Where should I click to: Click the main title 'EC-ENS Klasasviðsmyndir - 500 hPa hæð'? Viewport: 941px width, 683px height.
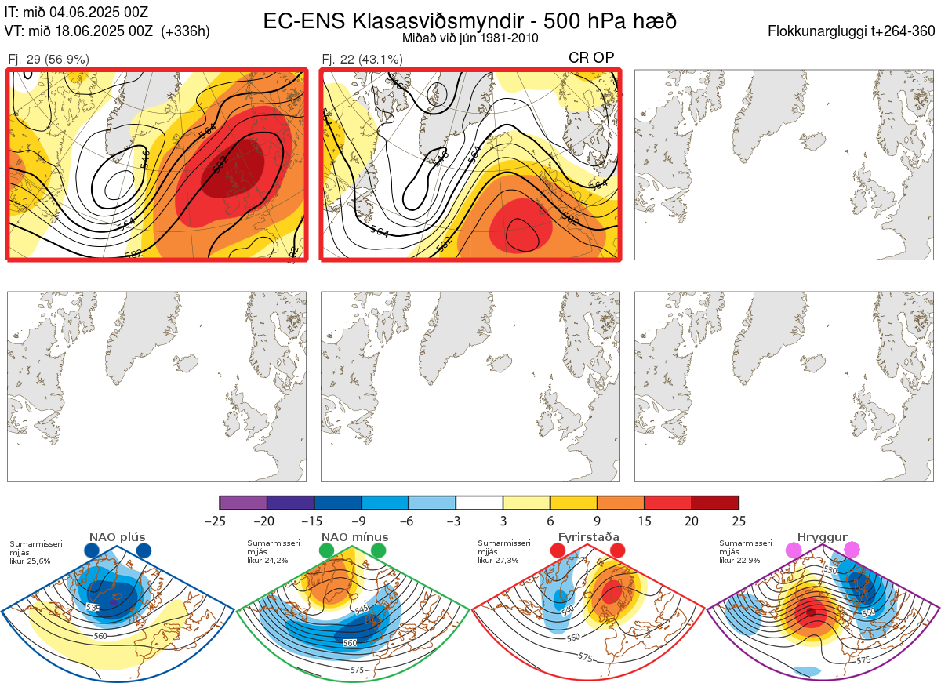470,20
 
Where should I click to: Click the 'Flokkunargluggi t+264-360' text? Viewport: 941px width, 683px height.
852,31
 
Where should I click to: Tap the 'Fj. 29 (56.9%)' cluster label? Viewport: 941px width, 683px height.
49,59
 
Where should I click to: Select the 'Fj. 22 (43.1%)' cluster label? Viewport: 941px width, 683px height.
362,59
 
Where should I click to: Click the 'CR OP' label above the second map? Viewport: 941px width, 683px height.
591,57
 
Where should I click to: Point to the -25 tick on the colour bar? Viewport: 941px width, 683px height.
220,521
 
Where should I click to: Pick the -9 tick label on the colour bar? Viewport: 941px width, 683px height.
362,521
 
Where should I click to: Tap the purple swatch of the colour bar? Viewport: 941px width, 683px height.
243,503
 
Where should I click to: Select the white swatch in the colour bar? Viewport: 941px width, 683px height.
479,503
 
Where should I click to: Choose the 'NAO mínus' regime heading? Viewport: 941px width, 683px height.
354,537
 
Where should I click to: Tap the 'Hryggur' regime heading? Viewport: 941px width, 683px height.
822,537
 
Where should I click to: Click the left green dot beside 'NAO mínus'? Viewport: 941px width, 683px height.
327,550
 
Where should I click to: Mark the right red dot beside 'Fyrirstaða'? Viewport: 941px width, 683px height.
617,550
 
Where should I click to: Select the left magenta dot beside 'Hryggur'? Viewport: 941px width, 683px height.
794,550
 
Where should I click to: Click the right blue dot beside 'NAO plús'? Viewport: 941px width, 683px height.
144,550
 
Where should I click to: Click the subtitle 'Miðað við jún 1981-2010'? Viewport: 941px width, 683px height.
470,38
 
